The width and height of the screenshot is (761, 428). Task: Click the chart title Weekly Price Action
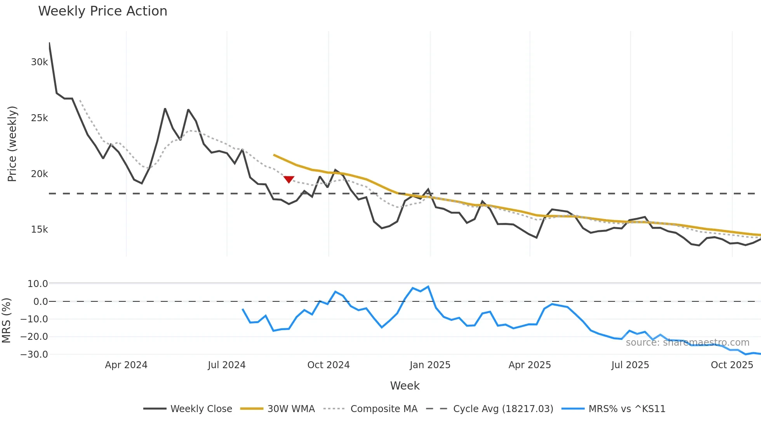[103, 11]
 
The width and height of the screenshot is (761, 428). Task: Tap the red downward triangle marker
[289, 179]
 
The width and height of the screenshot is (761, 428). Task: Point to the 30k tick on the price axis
[39, 62]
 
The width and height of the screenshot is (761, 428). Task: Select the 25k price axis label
[39, 118]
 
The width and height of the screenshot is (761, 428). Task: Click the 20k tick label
[39, 174]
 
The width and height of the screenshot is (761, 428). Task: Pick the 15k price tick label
[39, 230]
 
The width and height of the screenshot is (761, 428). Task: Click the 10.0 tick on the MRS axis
[38, 284]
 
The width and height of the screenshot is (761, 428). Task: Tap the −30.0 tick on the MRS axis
[35, 355]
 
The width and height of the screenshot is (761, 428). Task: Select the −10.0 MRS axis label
[35, 319]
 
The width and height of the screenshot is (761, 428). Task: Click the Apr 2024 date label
[126, 365]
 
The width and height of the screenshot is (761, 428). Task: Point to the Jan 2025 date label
[430, 365]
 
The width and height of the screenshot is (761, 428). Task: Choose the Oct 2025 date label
[732, 365]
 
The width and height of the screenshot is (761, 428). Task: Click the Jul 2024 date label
[227, 365]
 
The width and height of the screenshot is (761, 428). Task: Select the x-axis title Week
[405, 386]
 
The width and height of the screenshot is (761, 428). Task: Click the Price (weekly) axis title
[12, 144]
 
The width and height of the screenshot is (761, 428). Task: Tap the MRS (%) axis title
[7, 320]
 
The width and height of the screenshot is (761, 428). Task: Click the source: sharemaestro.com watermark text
[687, 343]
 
